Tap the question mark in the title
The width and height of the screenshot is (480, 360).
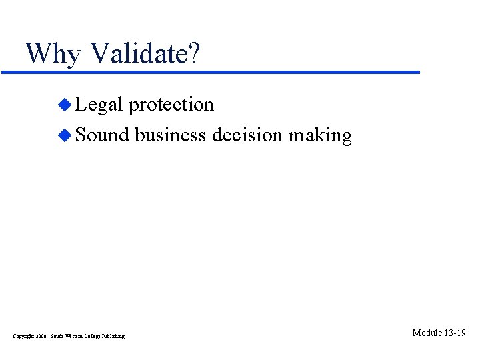coord(193,53)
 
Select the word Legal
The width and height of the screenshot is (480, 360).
coord(99,105)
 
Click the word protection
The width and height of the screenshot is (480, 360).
coord(171,105)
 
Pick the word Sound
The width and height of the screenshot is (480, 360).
coord(102,135)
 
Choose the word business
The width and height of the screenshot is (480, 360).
coord(171,135)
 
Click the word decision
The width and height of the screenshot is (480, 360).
coord(248,135)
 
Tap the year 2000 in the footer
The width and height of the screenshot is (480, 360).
coord(43,336)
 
